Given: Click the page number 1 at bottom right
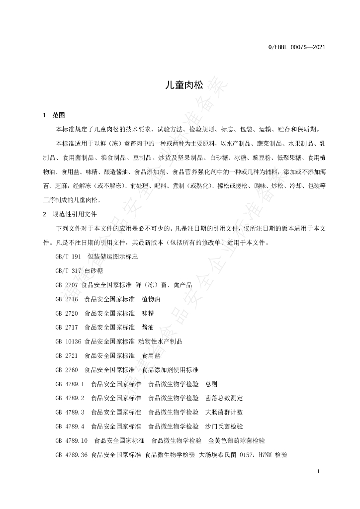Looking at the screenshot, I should [317, 471].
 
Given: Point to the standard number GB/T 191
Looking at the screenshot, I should [69, 256].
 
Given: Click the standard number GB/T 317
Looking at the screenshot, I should [69, 271].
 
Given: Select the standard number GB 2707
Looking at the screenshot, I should [67, 285].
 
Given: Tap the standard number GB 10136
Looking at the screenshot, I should [69, 342].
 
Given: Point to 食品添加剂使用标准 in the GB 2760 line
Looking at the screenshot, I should [170, 370].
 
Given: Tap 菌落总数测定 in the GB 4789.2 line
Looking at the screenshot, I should [224, 398].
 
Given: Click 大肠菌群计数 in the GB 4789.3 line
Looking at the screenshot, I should [224, 412].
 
